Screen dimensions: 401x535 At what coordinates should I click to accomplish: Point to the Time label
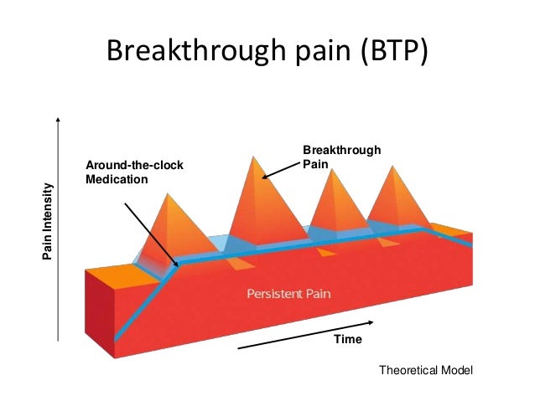tap(348, 339)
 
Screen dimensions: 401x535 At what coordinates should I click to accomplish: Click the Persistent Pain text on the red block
tap(291, 294)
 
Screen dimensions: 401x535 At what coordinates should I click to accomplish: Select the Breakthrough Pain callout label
tap(341, 157)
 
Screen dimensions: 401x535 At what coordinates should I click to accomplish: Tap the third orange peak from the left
tap(335, 205)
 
